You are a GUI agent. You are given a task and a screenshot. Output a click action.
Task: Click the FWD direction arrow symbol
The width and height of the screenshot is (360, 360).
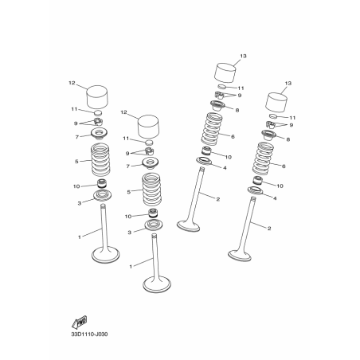pos(79,323)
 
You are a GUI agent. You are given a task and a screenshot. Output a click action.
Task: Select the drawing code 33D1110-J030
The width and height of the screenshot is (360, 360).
pos(89,335)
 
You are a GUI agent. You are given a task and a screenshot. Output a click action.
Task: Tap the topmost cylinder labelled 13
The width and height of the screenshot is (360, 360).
pos(225,72)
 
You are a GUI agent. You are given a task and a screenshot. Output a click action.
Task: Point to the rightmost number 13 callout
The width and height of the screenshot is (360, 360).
pos(288,83)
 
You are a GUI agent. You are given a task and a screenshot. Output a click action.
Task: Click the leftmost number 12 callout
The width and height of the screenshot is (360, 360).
pos(72,83)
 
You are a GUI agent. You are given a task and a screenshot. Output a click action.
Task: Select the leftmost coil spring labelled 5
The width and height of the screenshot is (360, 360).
pos(100,159)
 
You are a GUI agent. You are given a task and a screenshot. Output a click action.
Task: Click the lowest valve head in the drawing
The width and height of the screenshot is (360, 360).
pos(157,284)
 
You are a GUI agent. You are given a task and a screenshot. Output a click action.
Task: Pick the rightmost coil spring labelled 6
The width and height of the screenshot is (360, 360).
pos(262,158)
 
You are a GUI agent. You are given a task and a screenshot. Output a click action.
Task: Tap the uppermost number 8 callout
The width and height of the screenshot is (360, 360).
pos(237,110)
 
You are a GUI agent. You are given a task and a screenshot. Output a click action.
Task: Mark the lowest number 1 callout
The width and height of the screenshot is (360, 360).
pos(131,267)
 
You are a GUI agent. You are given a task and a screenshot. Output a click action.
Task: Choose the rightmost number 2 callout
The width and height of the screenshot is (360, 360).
pos(269,229)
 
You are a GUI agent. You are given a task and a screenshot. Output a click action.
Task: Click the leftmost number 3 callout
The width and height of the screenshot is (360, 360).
pos(79,204)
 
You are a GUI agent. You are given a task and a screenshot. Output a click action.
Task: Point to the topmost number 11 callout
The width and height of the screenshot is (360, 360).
pos(241,88)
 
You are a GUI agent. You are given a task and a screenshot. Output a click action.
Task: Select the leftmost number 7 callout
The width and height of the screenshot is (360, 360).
pos(77,137)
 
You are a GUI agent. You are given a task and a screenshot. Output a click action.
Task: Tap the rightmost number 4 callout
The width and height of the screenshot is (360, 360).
pos(275,198)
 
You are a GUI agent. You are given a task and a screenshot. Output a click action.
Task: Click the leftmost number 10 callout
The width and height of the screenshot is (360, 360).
pos(76,186)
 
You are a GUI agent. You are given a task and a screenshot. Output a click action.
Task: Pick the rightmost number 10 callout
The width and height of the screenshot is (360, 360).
pos(280,186)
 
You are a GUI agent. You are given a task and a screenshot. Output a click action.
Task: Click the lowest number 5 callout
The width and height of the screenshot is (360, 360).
pos(129,192)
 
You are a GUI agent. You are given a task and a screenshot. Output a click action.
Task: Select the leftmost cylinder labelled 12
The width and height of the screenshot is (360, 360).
pos(97,96)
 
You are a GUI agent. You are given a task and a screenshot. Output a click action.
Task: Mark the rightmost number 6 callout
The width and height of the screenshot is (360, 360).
pos(284,166)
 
